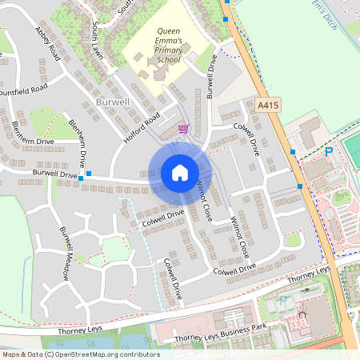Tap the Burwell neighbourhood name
coord(112,103)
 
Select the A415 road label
coord(269,104)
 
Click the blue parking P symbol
coord(328,151)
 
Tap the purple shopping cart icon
coord(183,128)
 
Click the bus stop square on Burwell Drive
coord(89,173)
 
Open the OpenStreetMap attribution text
coord(80,354)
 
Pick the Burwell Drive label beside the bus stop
coord(54,173)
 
